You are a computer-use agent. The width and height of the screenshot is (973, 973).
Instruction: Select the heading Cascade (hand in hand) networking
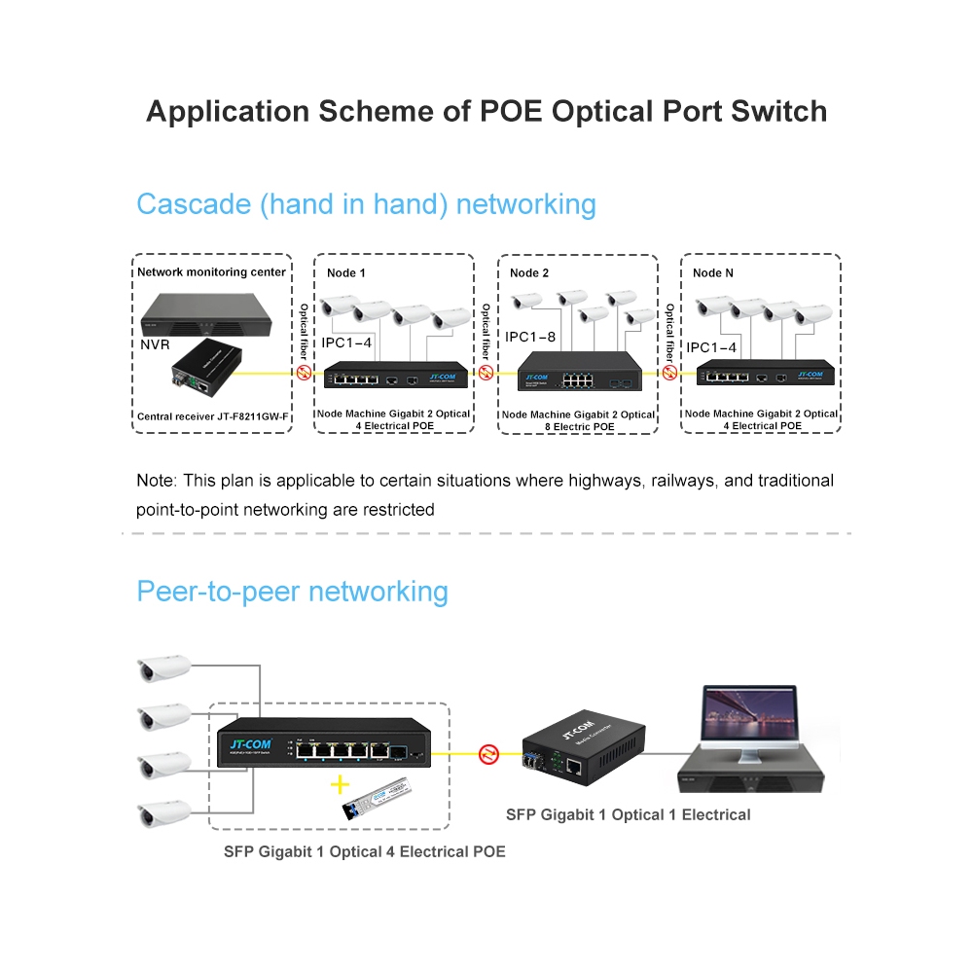pyautogui.click(x=366, y=204)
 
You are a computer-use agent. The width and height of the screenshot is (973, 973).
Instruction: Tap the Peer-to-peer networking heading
pyautogui.click(x=292, y=592)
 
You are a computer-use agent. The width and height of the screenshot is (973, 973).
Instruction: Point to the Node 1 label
pyautogui.click(x=346, y=273)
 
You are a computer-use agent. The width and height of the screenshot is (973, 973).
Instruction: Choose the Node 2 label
pyautogui.click(x=529, y=273)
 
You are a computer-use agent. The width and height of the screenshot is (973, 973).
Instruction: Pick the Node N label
pyautogui.click(x=713, y=273)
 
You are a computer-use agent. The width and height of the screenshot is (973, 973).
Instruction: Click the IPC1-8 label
pyautogui.click(x=531, y=337)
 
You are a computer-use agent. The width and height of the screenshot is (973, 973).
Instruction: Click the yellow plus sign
pyautogui.click(x=340, y=784)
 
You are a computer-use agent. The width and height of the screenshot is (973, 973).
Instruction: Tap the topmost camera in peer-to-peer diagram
pyautogui.click(x=162, y=668)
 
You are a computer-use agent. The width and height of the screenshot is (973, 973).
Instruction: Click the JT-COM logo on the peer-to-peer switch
pyautogui.click(x=249, y=745)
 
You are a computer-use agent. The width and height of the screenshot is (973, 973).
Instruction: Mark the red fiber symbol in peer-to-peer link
pyautogui.click(x=488, y=753)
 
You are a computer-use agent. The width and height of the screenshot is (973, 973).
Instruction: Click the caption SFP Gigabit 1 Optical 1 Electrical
pyautogui.click(x=628, y=814)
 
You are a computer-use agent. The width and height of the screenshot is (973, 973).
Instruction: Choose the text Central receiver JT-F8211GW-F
pyautogui.click(x=213, y=417)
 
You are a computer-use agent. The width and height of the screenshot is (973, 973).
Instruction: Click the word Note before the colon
pyautogui.click(x=154, y=481)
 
